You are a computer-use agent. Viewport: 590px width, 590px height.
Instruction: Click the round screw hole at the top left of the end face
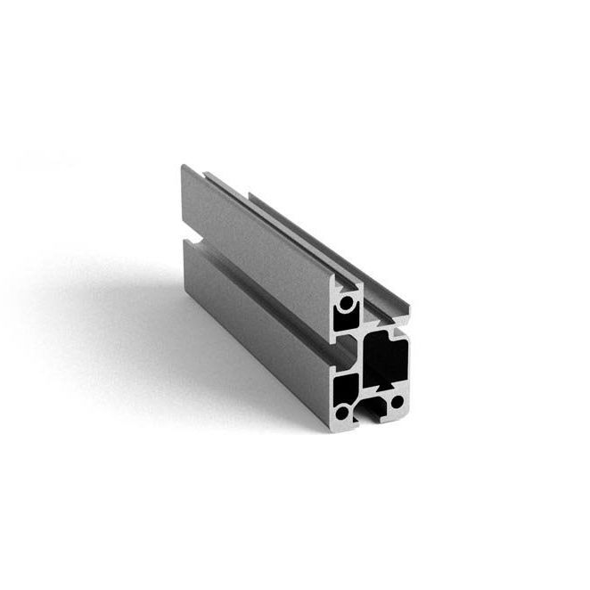(x=345, y=306)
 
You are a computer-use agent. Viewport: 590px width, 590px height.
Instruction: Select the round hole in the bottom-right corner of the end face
(x=394, y=404)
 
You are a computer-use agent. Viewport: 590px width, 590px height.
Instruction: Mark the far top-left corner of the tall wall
(x=184, y=167)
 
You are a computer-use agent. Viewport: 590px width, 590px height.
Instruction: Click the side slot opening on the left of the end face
(x=335, y=356)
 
